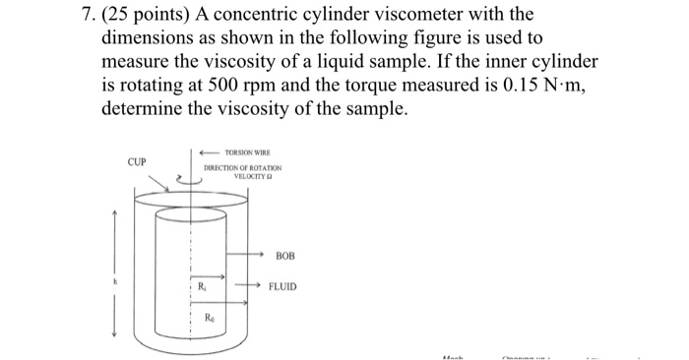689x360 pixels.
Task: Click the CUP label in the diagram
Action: [135, 162]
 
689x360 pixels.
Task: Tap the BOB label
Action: [286, 255]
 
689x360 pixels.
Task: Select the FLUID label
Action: [288, 288]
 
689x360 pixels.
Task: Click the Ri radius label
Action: [202, 287]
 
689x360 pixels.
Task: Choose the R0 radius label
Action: [210, 317]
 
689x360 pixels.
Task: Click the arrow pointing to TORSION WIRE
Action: [209, 153]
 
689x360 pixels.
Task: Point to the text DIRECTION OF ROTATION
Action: [242, 169]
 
